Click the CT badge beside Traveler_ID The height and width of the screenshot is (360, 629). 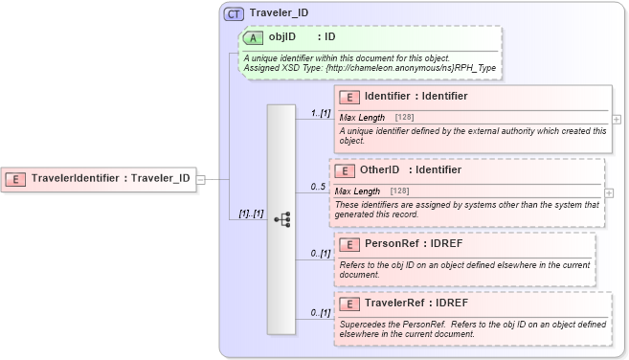pyautogui.click(x=234, y=13)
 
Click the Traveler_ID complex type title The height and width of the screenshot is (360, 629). pyautogui.click(x=279, y=13)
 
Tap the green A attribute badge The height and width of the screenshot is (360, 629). pyautogui.click(x=253, y=37)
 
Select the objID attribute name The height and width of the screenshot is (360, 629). pyautogui.click(x=282, y=37)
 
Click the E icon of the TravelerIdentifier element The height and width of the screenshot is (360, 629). pyautogui.click(x=16, y=178)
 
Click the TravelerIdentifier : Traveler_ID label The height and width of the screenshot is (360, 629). pyautogui.click(x=110, y=178)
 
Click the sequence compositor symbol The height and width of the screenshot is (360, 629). pyautogui.click(x=281, y=219)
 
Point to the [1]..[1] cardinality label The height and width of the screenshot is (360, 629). pyautogui.click(x=251, y=213)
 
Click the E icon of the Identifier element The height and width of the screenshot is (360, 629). pyautogui.click(x=349, y=96)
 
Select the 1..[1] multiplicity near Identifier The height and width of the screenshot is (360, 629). pyautogui.click(x=320, y=113)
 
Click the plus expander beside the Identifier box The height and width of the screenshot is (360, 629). pyautogui.click(x=617, y=120)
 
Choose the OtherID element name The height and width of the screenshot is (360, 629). pyautogui.click(x=379, y=169)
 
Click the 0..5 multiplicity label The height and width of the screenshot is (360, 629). pyautogui.click(x=318, y=187)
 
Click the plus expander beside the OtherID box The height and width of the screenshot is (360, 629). pyautogui.click(x=610, y=192)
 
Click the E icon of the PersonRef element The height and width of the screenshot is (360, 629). pyautogui.click(x=349, y=243)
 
